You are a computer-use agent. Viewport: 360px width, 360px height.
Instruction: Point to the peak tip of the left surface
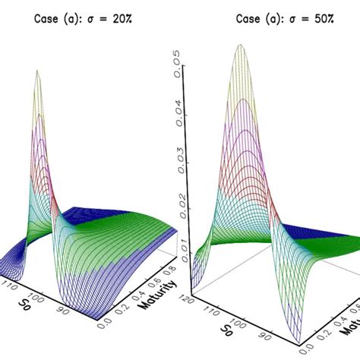coord(36,72)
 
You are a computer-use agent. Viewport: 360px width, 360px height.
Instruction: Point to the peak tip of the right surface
coord(241,46)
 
